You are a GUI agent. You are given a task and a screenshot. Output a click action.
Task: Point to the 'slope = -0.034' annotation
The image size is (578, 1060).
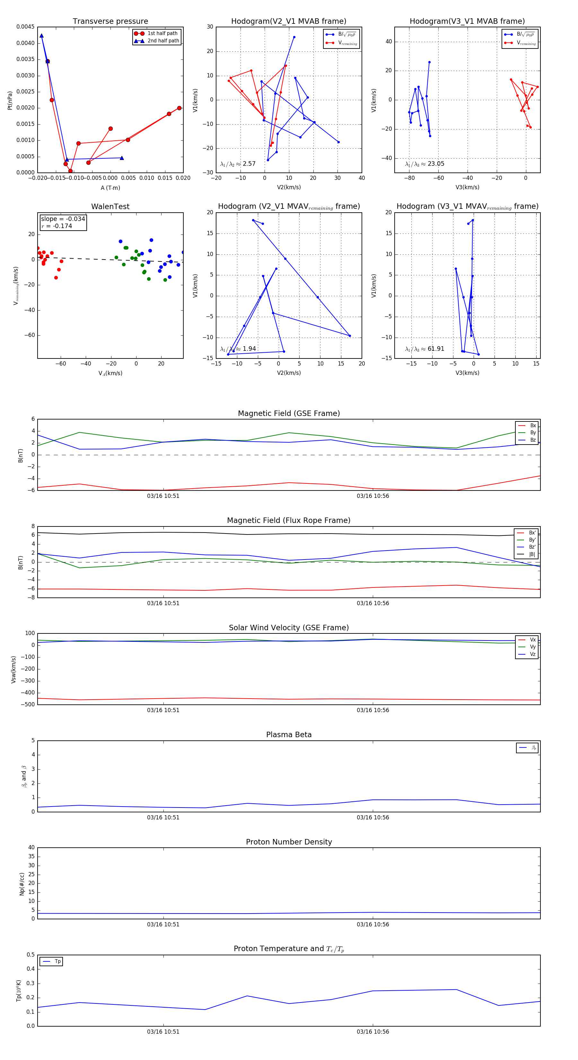pyautogui.click(x=63, y=219)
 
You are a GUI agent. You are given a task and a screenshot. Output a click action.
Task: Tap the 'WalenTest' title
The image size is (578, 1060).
pyautogui.click(x=110, y=207)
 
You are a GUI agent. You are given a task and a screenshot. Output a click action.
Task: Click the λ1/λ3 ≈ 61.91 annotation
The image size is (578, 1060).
pyautogui.click(x=425, y=349)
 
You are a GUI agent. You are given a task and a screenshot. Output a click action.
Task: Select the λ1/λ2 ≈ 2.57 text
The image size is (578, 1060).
pyautogui.click(x=238, y=164)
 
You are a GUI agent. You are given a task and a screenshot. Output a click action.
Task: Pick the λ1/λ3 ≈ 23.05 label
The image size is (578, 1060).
pyautogui.click(x=425, y=164)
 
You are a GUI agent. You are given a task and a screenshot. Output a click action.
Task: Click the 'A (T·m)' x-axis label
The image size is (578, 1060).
pyautogui.click(x=110, y=188)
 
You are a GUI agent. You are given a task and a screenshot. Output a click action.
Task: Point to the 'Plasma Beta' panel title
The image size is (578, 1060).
pyautogui.click(x=289, y=735)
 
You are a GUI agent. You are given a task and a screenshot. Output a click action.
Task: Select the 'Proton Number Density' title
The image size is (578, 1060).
pyautogui.click(x=289, y=842)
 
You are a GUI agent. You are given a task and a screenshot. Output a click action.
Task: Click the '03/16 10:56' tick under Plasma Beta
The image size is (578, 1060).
pyautogui.click(x=373, y=817)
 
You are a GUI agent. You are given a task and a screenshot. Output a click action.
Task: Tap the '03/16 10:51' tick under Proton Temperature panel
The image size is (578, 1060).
pyautogui.click(x=163, y=1032)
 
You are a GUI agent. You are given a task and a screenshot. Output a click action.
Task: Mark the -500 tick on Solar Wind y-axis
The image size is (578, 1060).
pyautogui.click(x=29, y=704)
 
